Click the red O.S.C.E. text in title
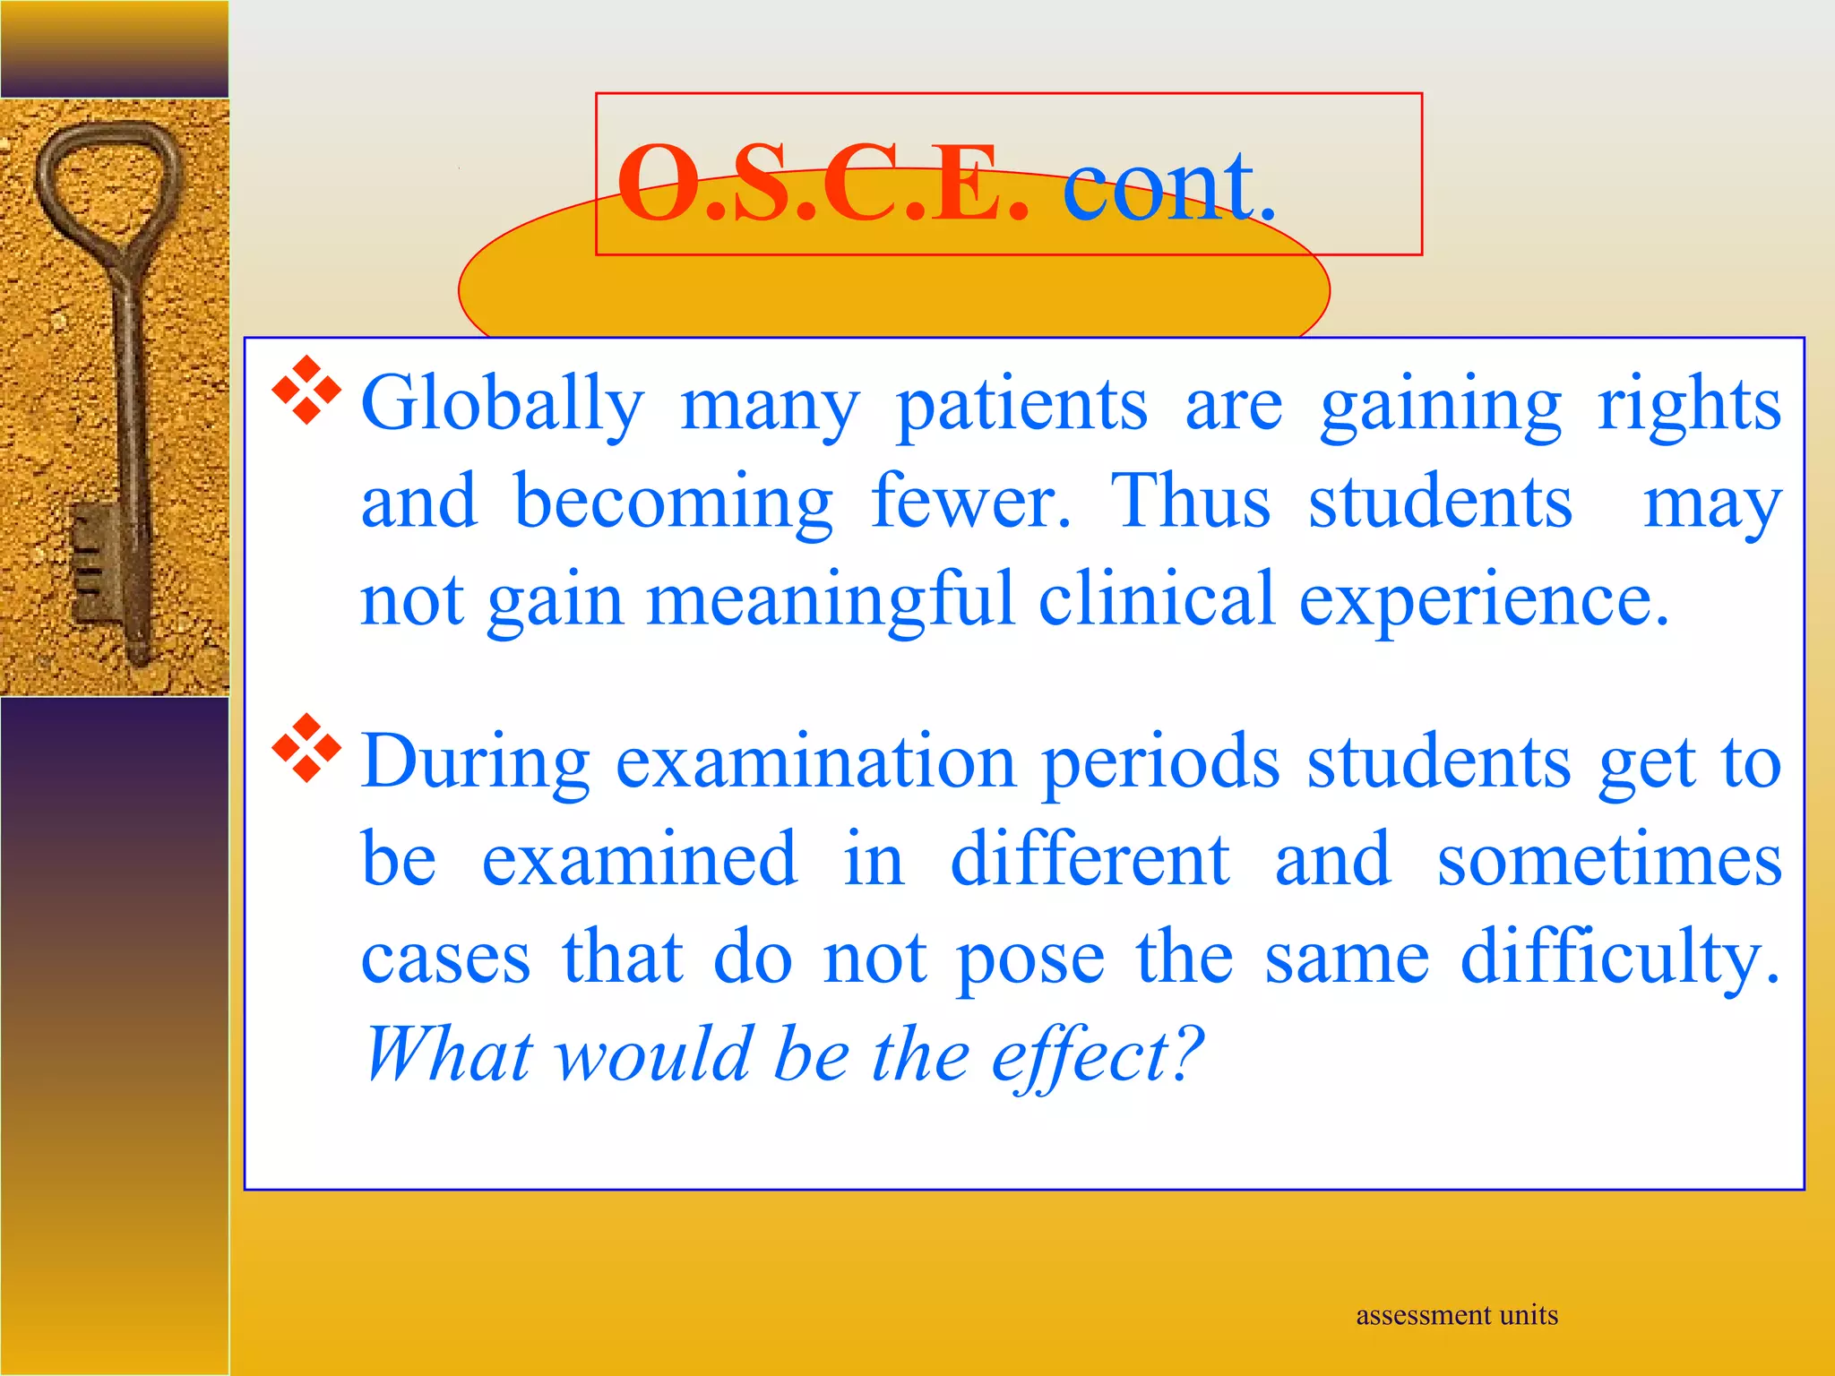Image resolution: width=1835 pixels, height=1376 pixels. pyautogui.click(x=823, y=185)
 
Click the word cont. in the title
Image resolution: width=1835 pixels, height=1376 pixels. pyautogui.click(x=1168, y=185)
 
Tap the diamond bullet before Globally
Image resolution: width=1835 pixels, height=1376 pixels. pyautogui.click(x=307, y=390)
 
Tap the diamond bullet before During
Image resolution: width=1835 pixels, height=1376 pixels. pyautogui.click(x=307, y=748)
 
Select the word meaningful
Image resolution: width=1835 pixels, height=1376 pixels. pyautogui.click(x=830, y=600)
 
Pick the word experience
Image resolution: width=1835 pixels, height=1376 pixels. pyautogui.click(x=1483, y=600)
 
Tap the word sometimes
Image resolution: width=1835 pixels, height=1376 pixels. pyautogui.click(x=1609, y=860)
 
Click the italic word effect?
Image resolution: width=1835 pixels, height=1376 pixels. pyautogui.click(x=1097, y=1055)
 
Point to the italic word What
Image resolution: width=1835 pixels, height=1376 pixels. pyautogui.click(x=448, y=1055)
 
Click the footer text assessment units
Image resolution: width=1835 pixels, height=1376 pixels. pyautogui.click(x=1456, y=1315)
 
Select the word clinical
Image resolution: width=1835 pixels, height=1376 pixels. pyautogui.click(x=1156, y=600)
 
